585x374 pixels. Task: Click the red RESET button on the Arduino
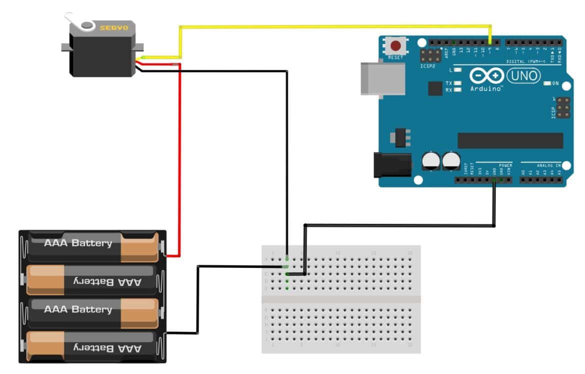(395, 46)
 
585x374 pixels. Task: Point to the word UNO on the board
(523, 75)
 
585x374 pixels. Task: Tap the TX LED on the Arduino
(457, 83)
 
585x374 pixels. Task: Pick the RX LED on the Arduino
(457, 90)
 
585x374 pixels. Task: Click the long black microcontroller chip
(510, 140)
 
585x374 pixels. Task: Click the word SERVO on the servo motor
(114, 28)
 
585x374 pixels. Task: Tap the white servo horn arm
(80, 23)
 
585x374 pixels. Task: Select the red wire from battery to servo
(179, 160)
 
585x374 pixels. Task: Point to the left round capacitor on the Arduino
(430, 160)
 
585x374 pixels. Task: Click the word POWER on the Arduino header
(505, 165)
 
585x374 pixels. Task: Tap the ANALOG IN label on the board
(548, 165)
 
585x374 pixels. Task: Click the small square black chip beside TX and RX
(435, 88)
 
